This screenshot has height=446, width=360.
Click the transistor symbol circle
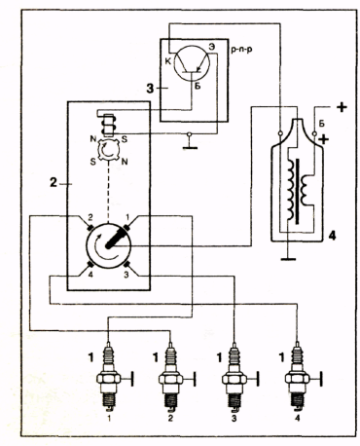[x=192, y=62]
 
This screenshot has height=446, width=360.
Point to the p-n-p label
[x=241, y=50]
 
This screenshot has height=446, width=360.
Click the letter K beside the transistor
[x=168, y=61]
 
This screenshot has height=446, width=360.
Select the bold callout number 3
[x=150, y=88]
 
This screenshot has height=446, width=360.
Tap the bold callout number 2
[x=54, y=183]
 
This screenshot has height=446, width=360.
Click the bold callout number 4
[x=332, y=236]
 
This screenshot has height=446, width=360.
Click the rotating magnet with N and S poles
[x=108, y=150]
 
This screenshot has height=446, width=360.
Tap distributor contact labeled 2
[x=90, y=227]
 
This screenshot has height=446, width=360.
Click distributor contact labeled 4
[x=90, y=265]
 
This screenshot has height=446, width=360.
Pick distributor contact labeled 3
[x=127, y=264]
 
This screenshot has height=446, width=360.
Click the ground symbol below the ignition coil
[x=288, y=259]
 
